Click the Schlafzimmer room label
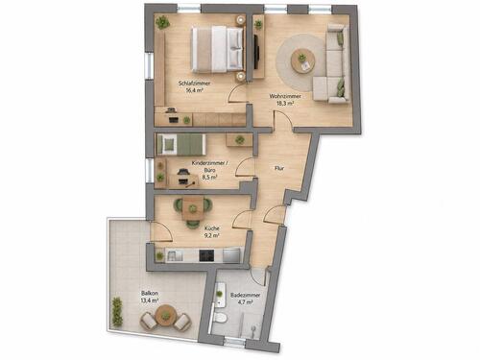194,84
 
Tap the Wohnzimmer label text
285,96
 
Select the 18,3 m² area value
285,104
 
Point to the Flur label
279,168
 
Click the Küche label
212,228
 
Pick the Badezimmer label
246,295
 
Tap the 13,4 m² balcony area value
150,300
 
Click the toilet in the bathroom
220,318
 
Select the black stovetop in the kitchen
206,255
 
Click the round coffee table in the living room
302,60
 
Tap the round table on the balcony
165,315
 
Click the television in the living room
256,51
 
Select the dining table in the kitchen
192,208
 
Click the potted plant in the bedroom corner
162,23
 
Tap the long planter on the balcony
117,312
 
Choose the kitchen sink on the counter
175,255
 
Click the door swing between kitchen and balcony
162,231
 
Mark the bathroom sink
220,295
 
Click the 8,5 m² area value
210,177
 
